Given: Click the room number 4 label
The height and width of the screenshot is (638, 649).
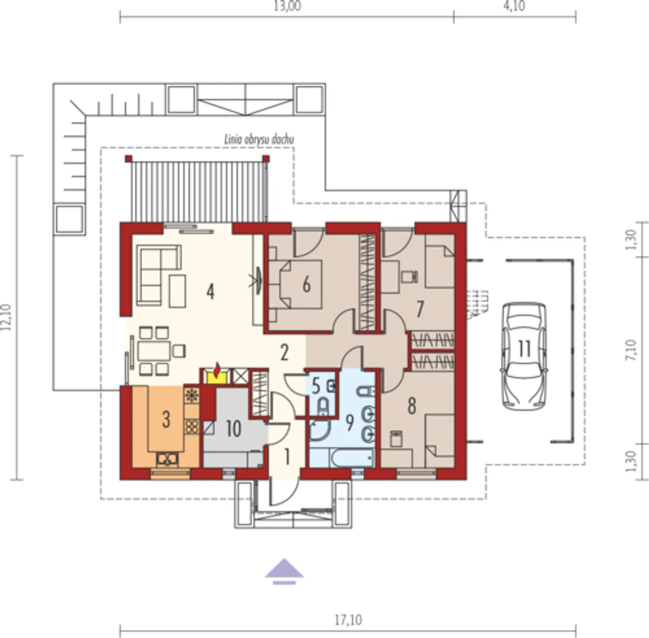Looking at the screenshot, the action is (210, 291).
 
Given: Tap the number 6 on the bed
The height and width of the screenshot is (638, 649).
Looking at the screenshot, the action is (306, 285).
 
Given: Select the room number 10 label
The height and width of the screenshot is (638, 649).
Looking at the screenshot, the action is (233, 429).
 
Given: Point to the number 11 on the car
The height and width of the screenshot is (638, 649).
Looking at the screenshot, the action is (524, 349).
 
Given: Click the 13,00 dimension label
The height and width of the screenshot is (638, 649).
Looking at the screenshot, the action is (287, 6).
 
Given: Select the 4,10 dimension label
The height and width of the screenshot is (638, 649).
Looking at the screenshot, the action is (514, 6).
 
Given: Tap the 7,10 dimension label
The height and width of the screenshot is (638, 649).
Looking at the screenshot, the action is (631, 350).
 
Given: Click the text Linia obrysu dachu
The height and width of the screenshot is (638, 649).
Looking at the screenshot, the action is (259, 140).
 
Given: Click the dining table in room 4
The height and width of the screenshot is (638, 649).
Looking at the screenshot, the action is (154, 351).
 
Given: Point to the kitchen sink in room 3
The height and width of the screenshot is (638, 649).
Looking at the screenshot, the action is (167, 459).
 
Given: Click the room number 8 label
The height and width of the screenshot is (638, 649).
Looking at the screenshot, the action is (412, 406).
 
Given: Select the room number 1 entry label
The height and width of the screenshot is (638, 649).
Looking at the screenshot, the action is (287, 457).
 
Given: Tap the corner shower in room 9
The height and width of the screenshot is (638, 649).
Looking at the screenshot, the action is (320, 431).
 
